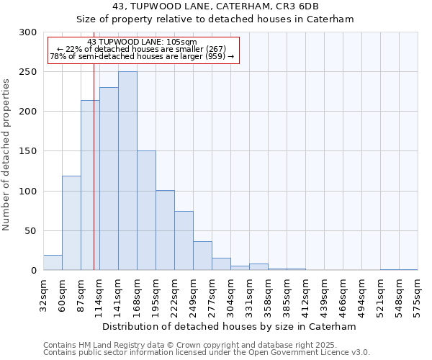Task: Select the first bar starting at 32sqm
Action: pyautogui.click(x=53, y=263)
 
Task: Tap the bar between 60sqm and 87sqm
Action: pyautogui.click(x=71, y=223)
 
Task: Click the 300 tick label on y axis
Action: pyautogui.click(x=28, y=32)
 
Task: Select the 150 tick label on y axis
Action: pyautogui.click(x=28, y=151)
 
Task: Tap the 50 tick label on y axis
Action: pyautogui.click(x=31, y=231)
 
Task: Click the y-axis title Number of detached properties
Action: pyautogui.click(x=7, y=156)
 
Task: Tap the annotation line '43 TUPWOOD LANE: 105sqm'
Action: pyautogui.click(x=141, y=42)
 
